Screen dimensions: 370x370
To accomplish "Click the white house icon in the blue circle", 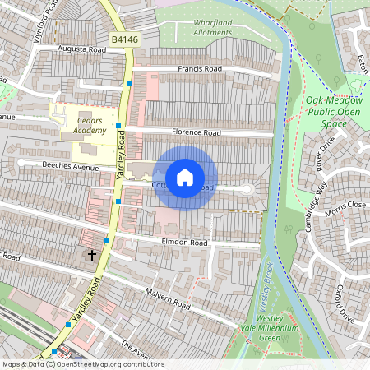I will point(185,178).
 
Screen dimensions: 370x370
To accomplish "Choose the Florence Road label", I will point(196,132).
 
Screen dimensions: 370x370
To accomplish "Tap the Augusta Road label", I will point(82,49).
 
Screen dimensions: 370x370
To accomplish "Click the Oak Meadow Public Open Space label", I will point(334,111).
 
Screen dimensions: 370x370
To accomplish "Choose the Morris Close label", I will point(345,205).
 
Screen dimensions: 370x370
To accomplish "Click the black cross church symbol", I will point(92,256).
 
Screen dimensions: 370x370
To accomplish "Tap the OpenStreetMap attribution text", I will point(82,364).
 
